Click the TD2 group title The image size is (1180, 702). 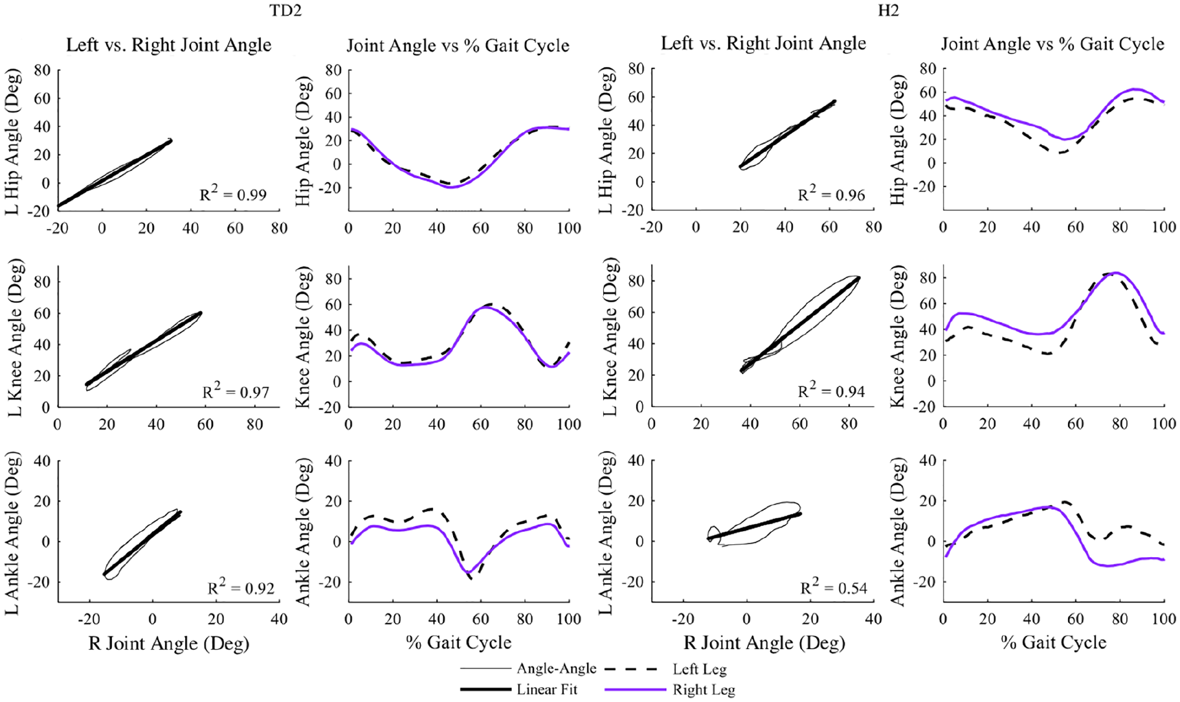[285, 10]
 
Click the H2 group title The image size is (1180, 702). [888, 10]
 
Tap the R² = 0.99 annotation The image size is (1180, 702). [233, 193]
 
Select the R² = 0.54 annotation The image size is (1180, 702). [834, 586]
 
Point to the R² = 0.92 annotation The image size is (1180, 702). [241, 586]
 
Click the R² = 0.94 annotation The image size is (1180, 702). [831, 389]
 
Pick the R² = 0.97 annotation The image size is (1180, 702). [236, 390]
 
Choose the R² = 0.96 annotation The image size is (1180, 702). [831, 193]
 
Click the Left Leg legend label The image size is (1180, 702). [700, 670]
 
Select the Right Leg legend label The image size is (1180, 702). [704, 690]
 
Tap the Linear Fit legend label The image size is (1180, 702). [547, 690]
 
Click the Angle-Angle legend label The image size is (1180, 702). [557, 669]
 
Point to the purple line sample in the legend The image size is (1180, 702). [636, 690]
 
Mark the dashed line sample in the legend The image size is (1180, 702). [636, 670]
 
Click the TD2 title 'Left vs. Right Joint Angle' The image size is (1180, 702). [169, 45]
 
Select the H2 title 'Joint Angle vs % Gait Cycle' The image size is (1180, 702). [1052, 44]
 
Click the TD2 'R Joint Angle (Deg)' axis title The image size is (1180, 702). [168, 644]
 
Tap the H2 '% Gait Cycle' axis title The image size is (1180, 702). [1054, 642]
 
